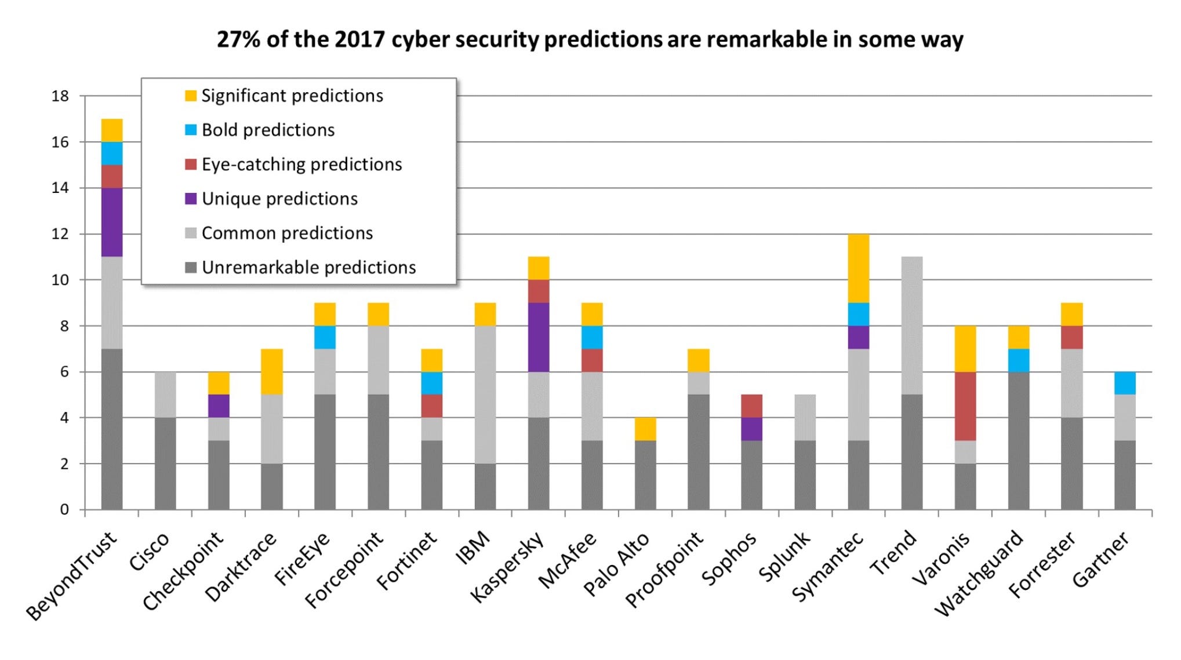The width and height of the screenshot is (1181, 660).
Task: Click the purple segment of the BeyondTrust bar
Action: pos(112,222)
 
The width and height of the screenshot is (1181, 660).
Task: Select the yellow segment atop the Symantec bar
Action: pos(858,268)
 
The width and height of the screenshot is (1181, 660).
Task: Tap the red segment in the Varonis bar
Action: pos(965,406)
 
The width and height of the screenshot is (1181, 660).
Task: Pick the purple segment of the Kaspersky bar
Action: pos(539,337)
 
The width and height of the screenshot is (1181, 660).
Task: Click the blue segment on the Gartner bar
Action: pos(1125,383)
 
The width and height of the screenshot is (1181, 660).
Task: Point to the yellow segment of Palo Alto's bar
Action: pos(645,429)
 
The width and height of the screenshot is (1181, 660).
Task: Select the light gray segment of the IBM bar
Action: pos(485,395)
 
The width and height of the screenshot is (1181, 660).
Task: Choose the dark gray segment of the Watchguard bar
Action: pos(1019,440)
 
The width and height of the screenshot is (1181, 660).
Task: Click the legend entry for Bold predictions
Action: pos(268,130)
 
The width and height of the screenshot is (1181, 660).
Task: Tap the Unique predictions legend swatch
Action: pos(191,199)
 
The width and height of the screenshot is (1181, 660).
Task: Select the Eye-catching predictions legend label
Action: pos(301,165)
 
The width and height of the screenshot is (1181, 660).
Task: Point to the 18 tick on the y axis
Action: pos(60,96)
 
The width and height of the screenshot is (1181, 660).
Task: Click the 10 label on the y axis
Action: pos(60,280)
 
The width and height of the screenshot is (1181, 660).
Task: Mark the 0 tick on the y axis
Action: pos(64,510)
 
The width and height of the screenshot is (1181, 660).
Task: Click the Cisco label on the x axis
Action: pos(150,552)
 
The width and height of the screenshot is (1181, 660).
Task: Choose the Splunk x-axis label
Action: pos(784,556)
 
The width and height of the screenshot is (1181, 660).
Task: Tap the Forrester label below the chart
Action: pos(1042,564)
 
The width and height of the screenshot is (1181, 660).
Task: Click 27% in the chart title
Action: pos(238,40)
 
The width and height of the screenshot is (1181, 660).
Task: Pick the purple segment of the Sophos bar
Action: pos(752,429)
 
